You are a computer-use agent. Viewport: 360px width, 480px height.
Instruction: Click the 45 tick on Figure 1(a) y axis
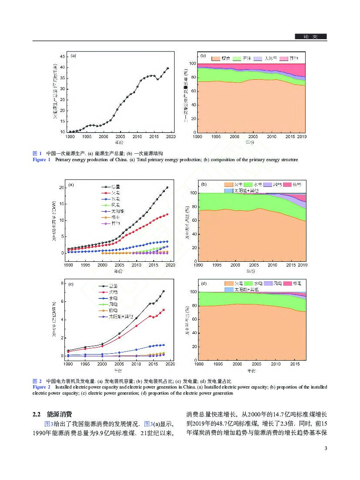[63, 57]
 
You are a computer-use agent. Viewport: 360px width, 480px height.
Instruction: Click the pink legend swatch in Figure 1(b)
[283, 58]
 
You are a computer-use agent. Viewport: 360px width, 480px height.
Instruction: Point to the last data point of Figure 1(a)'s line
[168, 68]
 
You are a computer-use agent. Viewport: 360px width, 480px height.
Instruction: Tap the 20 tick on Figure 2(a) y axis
[62, 187]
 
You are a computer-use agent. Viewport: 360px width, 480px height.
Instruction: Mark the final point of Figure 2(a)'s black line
[167, 187]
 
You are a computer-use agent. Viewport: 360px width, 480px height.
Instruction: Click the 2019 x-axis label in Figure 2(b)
[302, 265]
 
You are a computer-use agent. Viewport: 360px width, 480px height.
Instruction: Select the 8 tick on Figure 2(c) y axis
[63, 284]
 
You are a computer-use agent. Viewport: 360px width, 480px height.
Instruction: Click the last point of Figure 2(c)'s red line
[164, 310]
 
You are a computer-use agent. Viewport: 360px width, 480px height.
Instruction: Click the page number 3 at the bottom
[325, 449]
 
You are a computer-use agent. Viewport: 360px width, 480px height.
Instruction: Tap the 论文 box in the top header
[310, 37]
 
